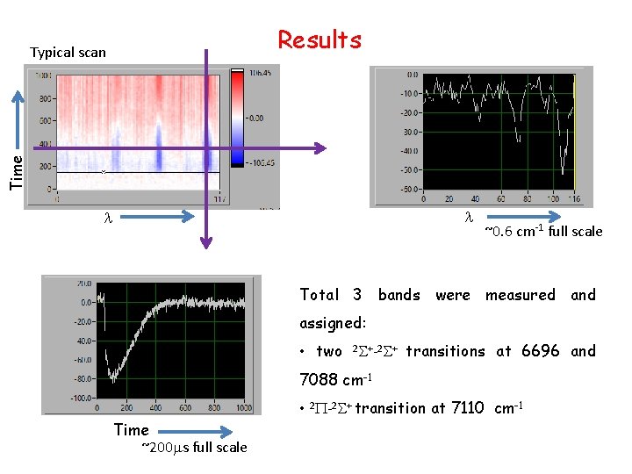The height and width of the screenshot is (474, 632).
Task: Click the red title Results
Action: (x=320, y=40)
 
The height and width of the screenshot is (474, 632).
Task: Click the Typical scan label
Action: (x=68, y=53)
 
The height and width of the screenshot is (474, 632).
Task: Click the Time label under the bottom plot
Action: (x=132, y=429)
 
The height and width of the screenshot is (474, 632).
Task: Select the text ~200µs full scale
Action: (x=194, y=448)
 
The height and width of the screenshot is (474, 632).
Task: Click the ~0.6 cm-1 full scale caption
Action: (x=543, y=231)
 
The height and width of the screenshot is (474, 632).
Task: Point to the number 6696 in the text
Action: (x=540, y=351)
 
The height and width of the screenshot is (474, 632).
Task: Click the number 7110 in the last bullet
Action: (x=469, y=408)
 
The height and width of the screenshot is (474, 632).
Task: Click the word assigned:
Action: (x=333, y=323)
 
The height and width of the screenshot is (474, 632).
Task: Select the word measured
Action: (x=520, y=295)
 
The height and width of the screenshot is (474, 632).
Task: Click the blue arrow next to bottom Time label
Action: (x=202, y=430)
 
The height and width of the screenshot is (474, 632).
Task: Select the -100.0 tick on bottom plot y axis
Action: (x=82, y=399)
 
